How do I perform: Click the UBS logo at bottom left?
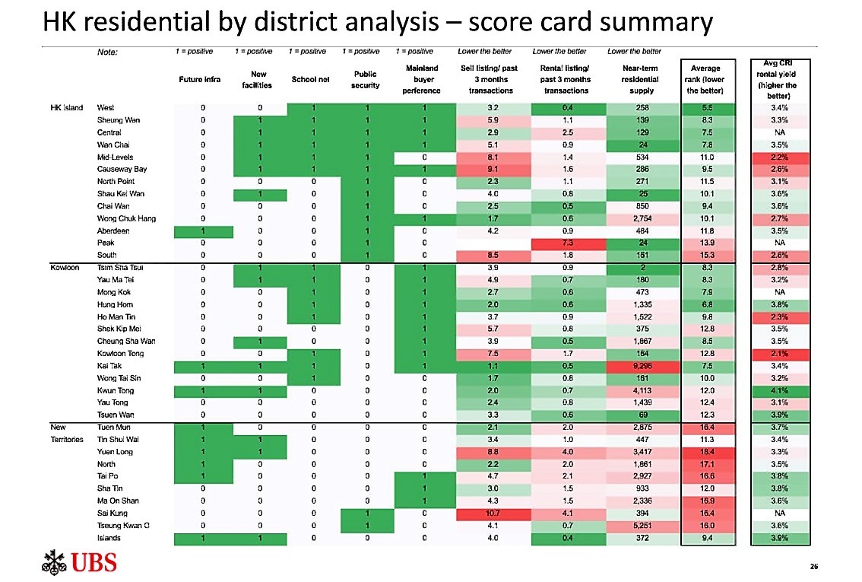(x=79, y=564)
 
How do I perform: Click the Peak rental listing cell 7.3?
(x=567, y=243)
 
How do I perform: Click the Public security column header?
(x=366, y=79)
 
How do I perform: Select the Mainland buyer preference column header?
(x=421, y=79)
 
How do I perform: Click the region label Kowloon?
(x=61, y=268)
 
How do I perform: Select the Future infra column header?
(x=200, y=79)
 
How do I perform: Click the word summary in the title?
(x=656, y=23)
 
